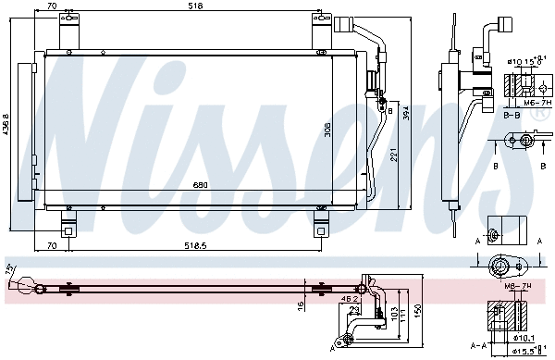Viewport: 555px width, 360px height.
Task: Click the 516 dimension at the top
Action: (x=194, y=6)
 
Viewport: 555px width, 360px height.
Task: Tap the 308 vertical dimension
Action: (x=327, y=130)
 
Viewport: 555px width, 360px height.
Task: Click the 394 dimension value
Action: (x=403, y=112)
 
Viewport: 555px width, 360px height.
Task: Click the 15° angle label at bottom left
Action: (x=11, y=269)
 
